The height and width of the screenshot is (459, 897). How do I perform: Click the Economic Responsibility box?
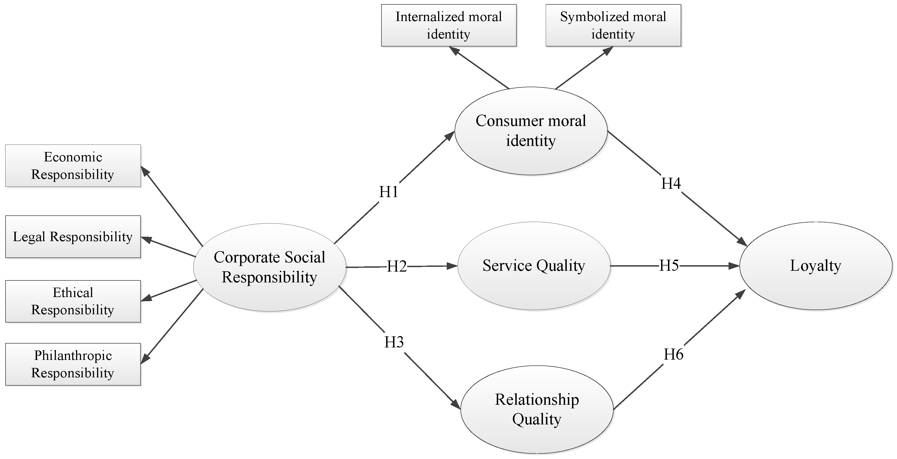pyautogui.click(x=73, y=166)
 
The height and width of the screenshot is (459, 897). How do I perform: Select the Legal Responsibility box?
pyautogui.click(x=73, y=237)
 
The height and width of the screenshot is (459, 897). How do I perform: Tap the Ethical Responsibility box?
pyautogui.click(x=73, y=301)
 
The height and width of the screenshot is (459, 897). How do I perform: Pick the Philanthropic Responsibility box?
pyautogui.click(x=73, y=364)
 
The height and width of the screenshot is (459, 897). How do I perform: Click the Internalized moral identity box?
pyautogui.click(x=449, y=25)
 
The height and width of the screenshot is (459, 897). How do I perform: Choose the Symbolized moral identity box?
pyautogui.click(x=613, y=25)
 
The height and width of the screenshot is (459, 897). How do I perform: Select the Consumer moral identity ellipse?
pyautogui.click(x=531, y=131)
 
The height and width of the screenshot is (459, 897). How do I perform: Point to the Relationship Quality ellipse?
pyautogui.click(x=537, y=409)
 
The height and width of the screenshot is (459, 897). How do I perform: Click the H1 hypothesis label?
pyautogui.click(x=389, y=192)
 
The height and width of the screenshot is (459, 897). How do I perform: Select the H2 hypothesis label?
pyautogui.click(x=397, y=267)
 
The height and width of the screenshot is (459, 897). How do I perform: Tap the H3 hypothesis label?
pyautogui.click(x=394, y=342)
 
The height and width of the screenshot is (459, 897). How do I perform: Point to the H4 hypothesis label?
pyautogui.click(x=671, y=184)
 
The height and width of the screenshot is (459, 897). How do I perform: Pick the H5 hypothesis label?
pyautogui.click(x=669, y=265)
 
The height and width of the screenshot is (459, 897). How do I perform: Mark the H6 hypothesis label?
pyautogui.click(x=674, y=354)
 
